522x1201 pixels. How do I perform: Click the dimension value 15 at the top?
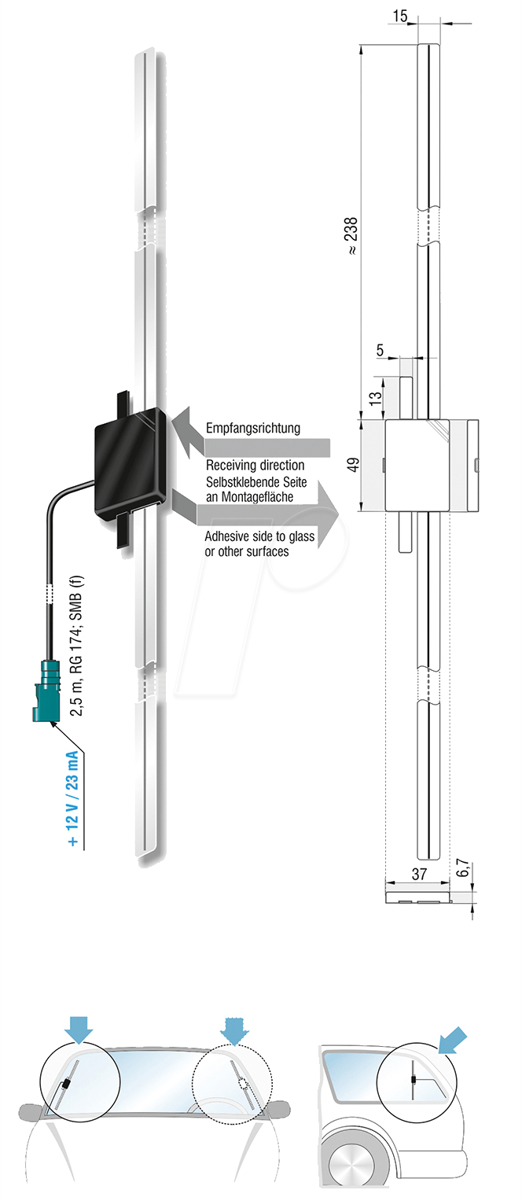pos(401,15)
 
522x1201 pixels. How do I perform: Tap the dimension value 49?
pos(354,464)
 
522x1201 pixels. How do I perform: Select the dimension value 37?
pos(418,874)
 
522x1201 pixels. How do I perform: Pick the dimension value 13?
pos(375,391)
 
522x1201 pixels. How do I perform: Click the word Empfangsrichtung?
pos(253,429)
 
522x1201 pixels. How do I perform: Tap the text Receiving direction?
pos(255,466)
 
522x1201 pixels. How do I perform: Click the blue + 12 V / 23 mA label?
pos(72,798)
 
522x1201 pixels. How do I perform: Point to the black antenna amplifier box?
pos(130,464)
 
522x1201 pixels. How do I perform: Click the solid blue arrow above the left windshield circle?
pos(80,1026)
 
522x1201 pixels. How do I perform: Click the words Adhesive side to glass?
pos(259,536)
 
